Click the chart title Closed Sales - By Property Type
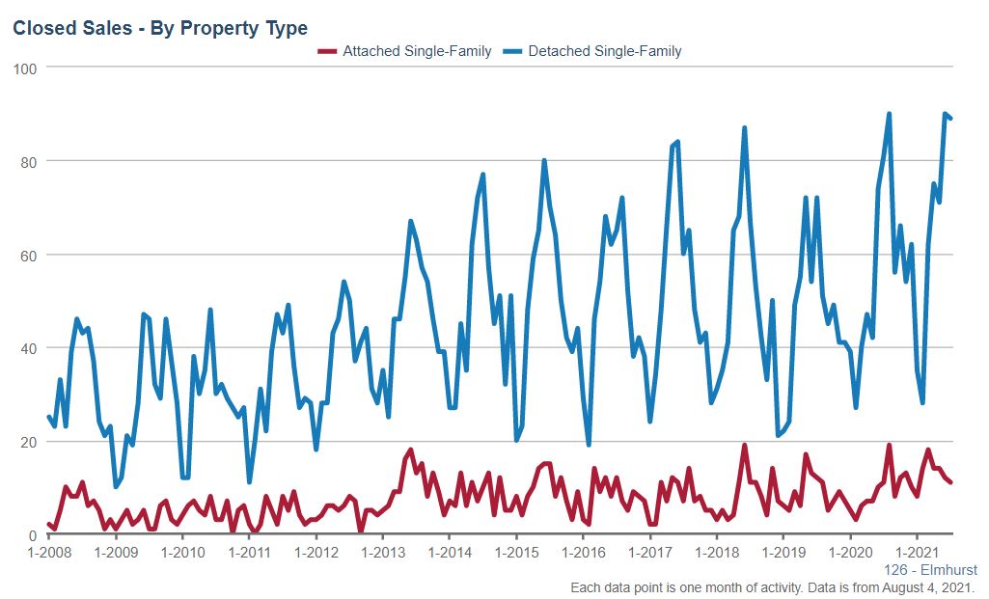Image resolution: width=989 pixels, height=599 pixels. pos(160,29)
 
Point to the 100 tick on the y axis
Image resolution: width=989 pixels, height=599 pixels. pos(25,68)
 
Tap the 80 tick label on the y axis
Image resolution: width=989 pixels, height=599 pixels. pos(29,162)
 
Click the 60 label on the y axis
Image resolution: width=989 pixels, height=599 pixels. pos(29,256)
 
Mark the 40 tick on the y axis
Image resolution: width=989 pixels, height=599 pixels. pos(29,348)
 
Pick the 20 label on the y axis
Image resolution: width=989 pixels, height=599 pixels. pos(29,442)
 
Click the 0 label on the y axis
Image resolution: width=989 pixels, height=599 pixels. pos(33,535)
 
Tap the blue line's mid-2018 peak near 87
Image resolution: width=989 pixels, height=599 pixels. pos(745,128)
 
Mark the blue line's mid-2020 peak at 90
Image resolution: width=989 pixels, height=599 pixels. pos(889,114)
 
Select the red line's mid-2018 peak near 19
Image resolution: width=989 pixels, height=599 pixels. pos(745,446)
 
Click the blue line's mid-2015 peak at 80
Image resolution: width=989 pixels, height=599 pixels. pos(544,160)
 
